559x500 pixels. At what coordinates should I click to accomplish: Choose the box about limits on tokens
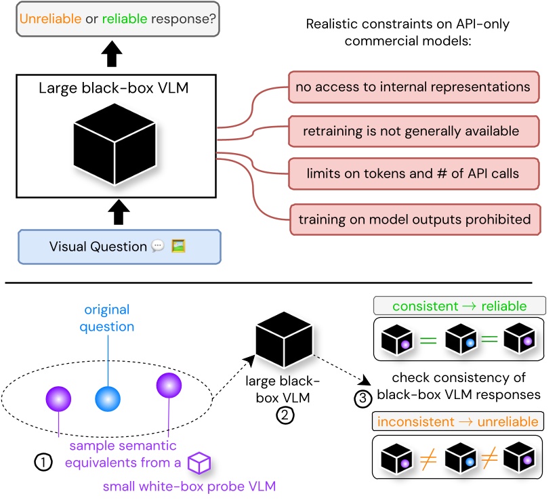click(413, 173)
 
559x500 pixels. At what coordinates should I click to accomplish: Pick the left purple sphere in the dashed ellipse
click(58, 398)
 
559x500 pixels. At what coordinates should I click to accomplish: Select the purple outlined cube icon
click(199, 464)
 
